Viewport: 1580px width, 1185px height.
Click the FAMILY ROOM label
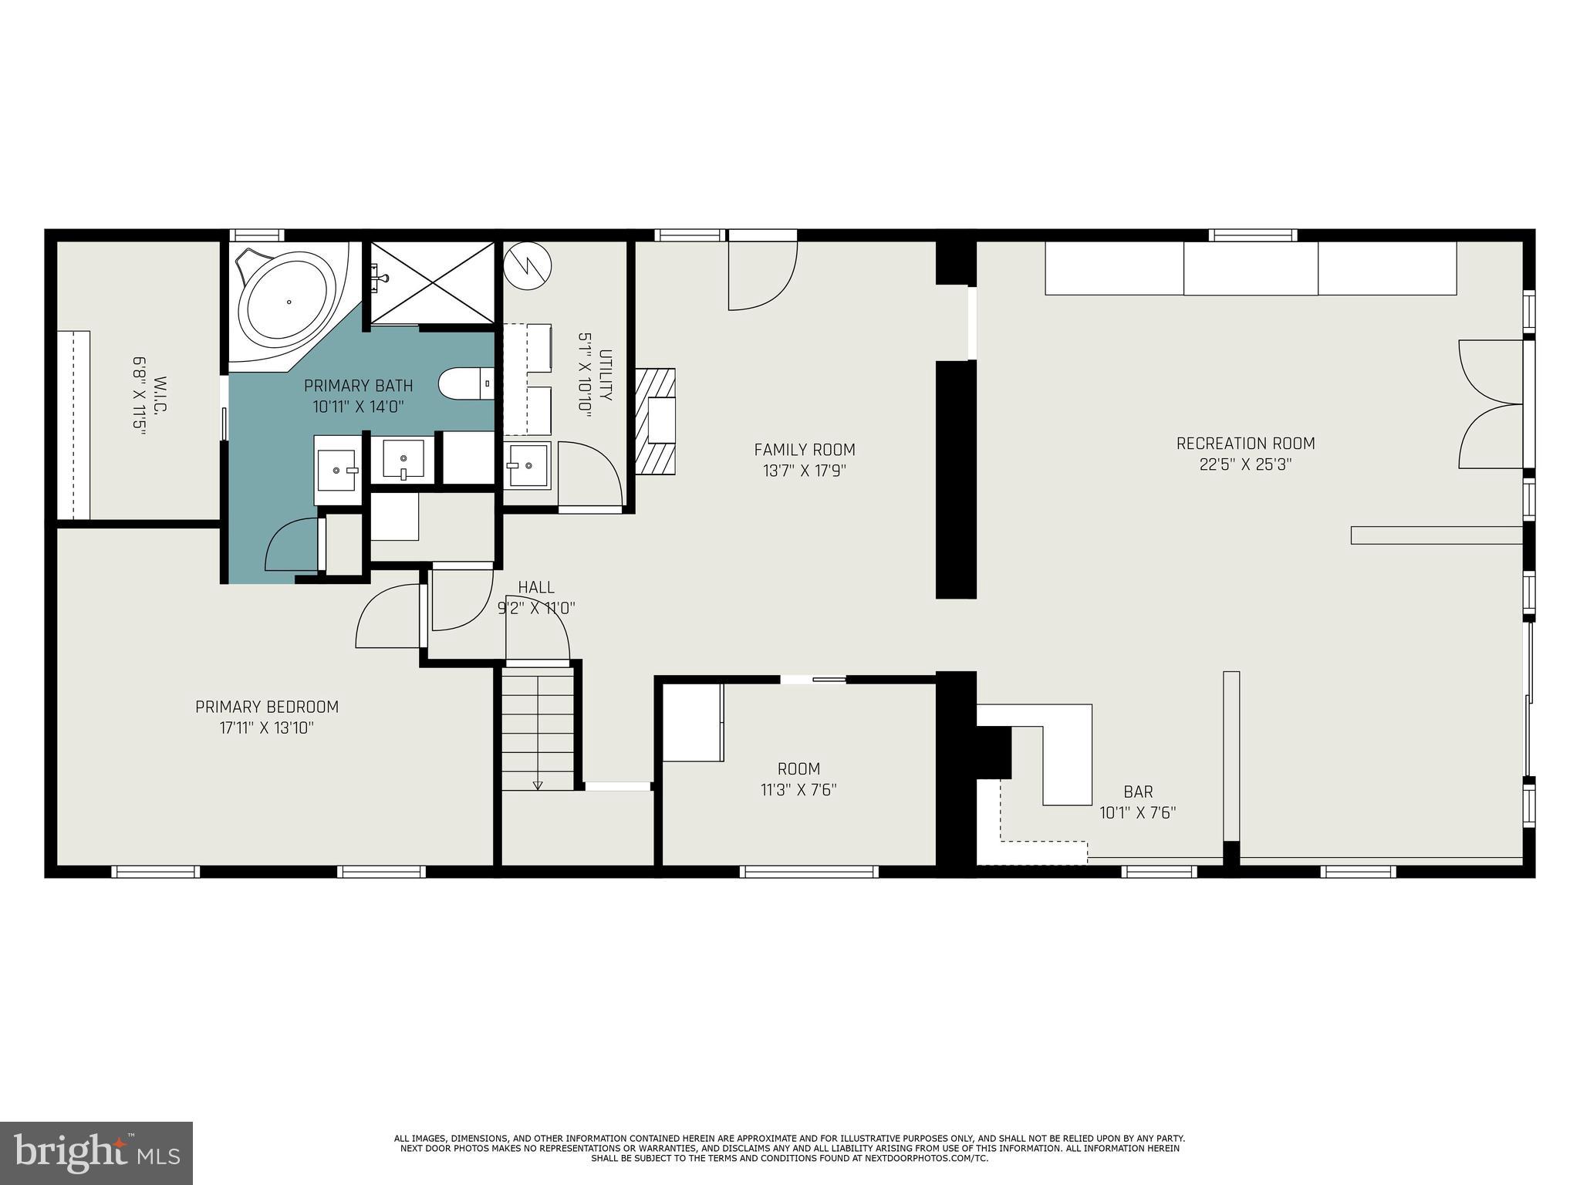click(x=804, y=450)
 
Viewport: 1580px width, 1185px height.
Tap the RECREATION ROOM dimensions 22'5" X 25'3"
click(x=1245, y=465)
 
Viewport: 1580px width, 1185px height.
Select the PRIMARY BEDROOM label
click(x=266, y=707)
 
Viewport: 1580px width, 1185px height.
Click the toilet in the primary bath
click(x=465, y=383)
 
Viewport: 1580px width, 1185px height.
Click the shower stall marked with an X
click(x=433, y=283)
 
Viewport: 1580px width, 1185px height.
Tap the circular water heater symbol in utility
click(x=528, y=265)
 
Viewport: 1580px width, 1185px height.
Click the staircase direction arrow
click(x=538, y=785)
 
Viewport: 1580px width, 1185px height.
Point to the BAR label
click(x=1138, y=792)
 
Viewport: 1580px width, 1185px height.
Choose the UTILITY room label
click(x=606, y=375)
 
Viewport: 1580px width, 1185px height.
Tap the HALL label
click(x=536, y=588)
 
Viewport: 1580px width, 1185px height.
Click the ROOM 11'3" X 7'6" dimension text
click(x=798, y=790)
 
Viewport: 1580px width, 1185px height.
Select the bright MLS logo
click(x=96, y=1153)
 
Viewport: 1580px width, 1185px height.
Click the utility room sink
click(x=528, y=465)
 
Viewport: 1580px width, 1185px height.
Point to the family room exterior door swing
click(x=761, y=275)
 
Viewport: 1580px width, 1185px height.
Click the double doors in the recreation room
click(x=1491, y=404)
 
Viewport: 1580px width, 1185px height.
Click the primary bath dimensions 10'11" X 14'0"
click(x=358, y=407)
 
